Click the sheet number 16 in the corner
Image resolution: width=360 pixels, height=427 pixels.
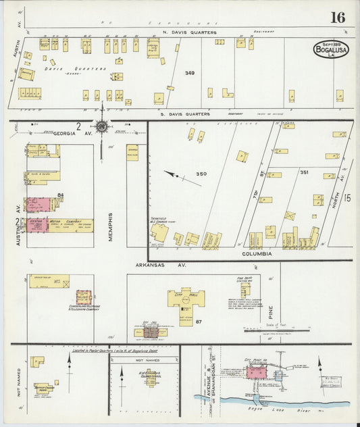click(337, 17)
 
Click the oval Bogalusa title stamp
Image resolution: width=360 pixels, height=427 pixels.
click(331, 49)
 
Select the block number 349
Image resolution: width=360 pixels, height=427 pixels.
click(190, 72)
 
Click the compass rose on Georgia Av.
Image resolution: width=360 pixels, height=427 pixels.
click(101, 126)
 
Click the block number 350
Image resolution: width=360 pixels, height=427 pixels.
click(201, 174)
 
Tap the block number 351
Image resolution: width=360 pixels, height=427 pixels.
click(304, 172)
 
